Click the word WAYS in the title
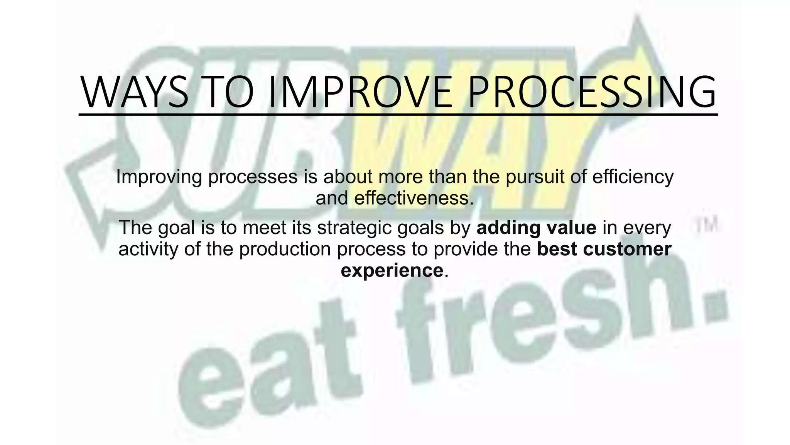(x=134, y=93)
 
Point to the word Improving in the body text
(x=159, y=177)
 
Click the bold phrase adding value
(x=536, y=228)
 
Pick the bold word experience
(x=392, y=270)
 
